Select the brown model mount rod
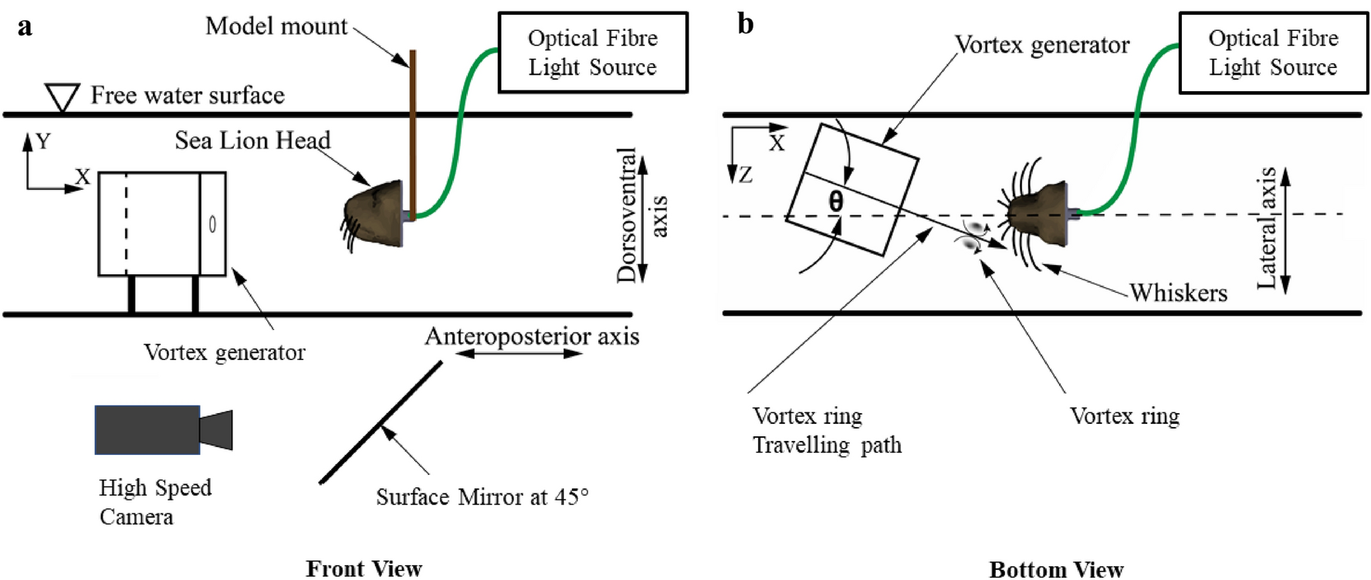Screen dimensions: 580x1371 pyautogui.click(x=413, y=131)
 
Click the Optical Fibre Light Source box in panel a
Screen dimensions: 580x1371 pyautogui.click(x=593, y=53)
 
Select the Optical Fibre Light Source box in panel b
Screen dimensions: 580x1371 pyautogui.click(x=1273, y=53)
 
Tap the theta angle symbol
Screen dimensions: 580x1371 pyautogui.click(x=835, y=202)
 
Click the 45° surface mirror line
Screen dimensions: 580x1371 pyautogui.click(x=381, y=422)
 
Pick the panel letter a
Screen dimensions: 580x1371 pyautogui.click(x=25, y=26)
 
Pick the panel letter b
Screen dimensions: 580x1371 pyautogui.click(x=745, y=24)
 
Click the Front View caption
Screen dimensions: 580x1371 pyautogui.click(x=364, y=568)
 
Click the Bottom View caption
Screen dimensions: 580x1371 pyautogui.click(x=1056, y=569)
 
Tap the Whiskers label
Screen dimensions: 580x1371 pyautogui.click(x=1178, y=293)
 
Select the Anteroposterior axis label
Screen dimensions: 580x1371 pyautogui.click(x=532, y=337)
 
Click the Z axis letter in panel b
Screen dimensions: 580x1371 pyautogui.click(x=745, y=175)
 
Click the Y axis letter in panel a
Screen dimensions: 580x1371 pyautogui.click(x=43, y=141)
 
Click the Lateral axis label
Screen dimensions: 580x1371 pyautogui.click(x=1267, y=229)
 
